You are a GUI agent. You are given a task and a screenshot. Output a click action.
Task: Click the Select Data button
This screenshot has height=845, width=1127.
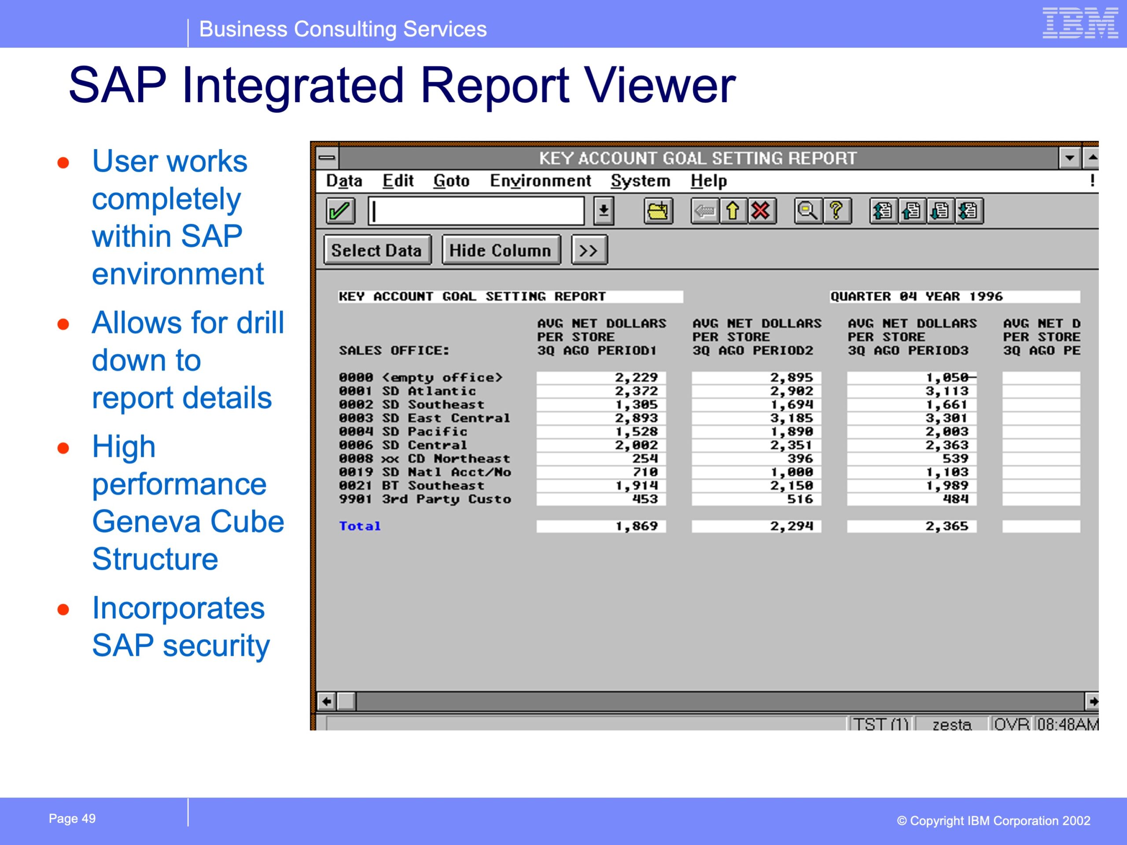pos(377,250)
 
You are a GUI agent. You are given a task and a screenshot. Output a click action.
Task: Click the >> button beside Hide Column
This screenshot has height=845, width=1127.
pos(589,250)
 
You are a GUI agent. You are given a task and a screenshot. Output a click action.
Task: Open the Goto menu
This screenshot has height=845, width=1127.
pos(451,181)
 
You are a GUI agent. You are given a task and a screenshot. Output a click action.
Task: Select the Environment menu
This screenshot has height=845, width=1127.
pos(540,181)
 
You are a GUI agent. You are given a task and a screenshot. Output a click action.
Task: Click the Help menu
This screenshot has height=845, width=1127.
pos(709,181)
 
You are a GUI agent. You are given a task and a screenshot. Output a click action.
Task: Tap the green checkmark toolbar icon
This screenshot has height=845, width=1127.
pos(340,211)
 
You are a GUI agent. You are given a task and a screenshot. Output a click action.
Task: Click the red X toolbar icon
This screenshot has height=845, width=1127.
pos(762,211)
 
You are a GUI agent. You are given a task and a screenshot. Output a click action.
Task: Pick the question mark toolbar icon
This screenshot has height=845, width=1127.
pos(836,211)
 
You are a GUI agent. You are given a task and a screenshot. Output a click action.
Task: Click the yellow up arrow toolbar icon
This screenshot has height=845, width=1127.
pos(733,211)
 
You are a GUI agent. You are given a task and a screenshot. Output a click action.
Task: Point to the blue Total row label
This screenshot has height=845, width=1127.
pos(360,526)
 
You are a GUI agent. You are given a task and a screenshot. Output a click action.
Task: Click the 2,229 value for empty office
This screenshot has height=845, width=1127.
pos(636,378)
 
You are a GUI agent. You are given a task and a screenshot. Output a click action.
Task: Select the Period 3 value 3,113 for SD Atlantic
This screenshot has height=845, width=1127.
pos(947,391)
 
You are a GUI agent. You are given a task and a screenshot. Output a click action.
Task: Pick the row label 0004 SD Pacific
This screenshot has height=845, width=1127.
pos(403,431)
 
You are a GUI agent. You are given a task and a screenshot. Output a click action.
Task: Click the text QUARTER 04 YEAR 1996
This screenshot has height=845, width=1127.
pos(917,297)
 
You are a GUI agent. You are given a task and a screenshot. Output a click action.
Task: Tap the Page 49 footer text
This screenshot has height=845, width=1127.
pos(72,819)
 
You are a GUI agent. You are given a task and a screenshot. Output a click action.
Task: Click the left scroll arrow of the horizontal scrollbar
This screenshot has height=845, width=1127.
pos(327,702)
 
